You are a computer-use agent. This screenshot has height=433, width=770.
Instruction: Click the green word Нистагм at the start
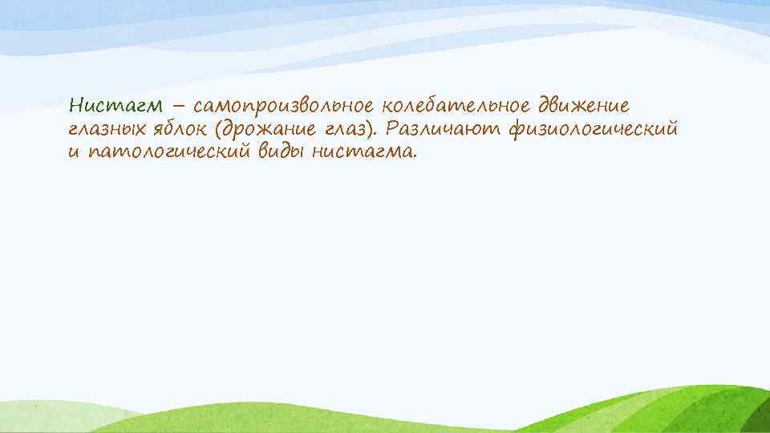tap(116, 106)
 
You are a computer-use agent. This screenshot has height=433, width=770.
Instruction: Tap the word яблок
tap(169, 128)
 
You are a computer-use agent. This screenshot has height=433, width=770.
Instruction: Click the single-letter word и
tap(74, 152)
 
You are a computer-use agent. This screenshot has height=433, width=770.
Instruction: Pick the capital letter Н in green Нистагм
tap(76, 106)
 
